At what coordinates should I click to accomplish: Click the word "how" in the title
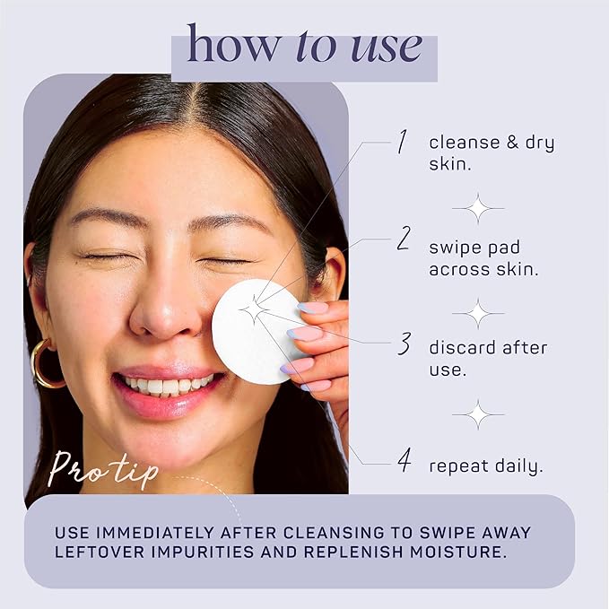(x=232, y=43)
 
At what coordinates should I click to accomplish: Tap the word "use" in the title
(x=387, y=48)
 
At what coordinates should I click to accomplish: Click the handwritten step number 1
(x=403, y=142)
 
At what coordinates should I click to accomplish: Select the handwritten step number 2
(x=404, y=239)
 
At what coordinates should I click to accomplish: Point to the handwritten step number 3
(x=405, y=344)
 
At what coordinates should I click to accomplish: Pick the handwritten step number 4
(x=405, y=460)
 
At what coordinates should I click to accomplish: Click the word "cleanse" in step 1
(x=464, y=142)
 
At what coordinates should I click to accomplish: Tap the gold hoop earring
(x=47, y=363)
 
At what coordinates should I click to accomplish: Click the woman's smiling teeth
(x=168, y=385)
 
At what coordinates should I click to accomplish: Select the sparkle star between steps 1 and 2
(x=478, y=209)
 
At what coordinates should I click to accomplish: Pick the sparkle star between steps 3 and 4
(x=478, y=414)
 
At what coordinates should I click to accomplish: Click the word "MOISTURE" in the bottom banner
(x=458, y=552)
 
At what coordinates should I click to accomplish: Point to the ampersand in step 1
(x=513, y=142)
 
